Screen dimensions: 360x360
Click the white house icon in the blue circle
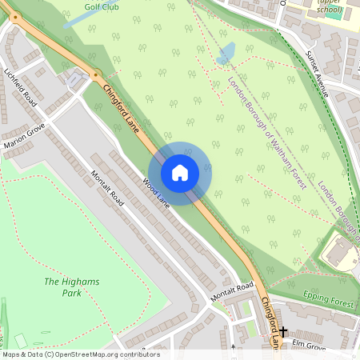180,172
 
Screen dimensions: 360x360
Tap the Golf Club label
102,6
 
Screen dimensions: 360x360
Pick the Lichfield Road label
21,86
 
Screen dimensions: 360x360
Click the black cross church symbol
283,330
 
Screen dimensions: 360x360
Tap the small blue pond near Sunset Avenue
226,54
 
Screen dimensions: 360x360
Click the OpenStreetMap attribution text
80,354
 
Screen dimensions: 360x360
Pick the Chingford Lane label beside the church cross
270,322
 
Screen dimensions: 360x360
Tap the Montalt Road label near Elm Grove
232,292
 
